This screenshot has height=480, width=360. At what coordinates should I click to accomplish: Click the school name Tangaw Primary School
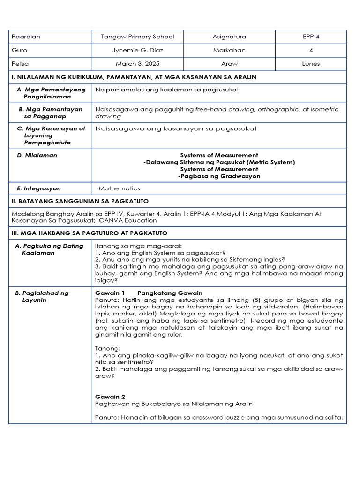[137, 37]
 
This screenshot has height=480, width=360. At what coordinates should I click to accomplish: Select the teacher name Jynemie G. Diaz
[137, 50]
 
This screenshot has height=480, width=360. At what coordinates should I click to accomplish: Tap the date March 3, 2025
[137, 64]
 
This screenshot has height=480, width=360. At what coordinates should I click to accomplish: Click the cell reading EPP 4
[311, 37]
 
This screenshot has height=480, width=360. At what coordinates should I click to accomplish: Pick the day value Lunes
[311, 64]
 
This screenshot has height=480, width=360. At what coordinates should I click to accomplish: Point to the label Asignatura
[229, 37]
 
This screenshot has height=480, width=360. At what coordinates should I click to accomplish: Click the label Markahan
[229, 50]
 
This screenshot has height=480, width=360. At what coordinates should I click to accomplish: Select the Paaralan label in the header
[26, 37]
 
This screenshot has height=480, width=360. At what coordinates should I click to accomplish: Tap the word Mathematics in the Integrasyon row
[120, 188]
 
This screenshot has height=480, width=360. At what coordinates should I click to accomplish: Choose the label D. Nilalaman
[37, 155]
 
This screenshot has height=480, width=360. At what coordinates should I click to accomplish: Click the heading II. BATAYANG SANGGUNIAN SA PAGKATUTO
[80, 201]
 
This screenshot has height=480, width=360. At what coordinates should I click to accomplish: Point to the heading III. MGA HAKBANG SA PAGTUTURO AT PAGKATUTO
[89, 233]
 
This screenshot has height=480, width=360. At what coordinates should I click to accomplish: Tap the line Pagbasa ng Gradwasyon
[219, 176]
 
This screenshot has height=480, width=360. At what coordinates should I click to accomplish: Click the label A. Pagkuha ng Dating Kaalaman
[50, 249]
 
